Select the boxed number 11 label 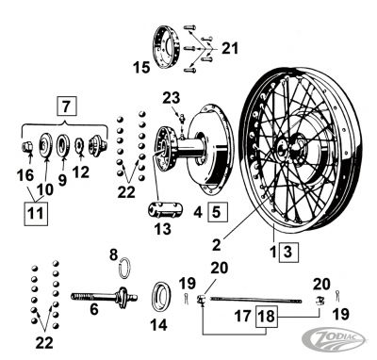[35, 213]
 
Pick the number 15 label [141, 67]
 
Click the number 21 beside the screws [230, 48]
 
